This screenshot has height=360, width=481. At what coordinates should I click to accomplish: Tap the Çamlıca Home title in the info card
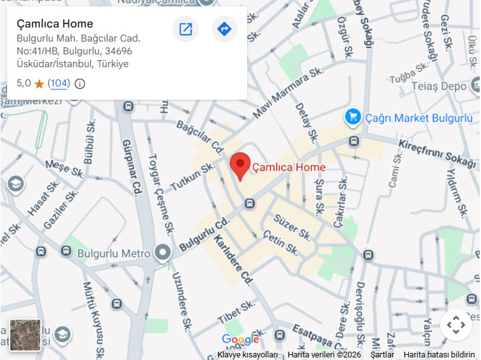tap(55, 24)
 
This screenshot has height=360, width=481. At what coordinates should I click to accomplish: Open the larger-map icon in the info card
tap(185, 29)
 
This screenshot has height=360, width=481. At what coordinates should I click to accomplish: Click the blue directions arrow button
tap(224, 29)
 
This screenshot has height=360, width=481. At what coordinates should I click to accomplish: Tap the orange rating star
tap(39, 84)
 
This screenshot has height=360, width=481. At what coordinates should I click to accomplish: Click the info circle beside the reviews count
tap(80, 84)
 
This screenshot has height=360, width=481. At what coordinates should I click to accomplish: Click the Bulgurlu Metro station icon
tap(164, 253)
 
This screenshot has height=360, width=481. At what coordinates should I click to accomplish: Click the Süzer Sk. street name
tap(293, 227)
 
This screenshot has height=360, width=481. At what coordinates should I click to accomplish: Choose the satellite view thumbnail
tap(26, 335)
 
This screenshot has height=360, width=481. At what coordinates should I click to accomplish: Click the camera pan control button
tap(455, 325)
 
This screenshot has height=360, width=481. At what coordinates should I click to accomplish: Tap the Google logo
tap(240, 339)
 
